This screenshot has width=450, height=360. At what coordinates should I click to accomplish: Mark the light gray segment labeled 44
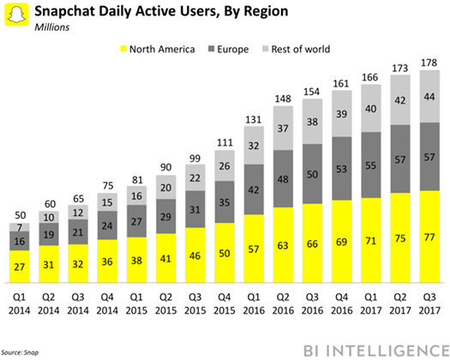426,97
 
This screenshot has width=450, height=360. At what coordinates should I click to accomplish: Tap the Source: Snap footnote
23,352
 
